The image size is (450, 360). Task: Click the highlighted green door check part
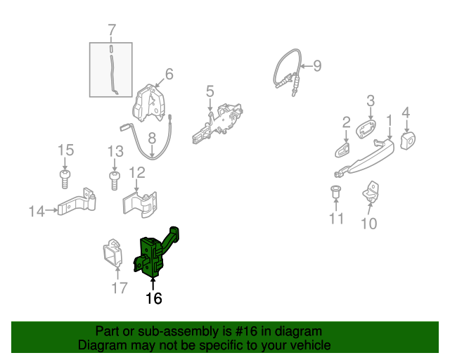(152, 256)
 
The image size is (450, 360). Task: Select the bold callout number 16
(154, 299)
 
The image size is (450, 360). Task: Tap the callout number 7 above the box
(112, 30)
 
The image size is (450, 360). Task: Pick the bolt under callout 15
(65, 179)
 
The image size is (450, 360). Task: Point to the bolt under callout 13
(114, 181)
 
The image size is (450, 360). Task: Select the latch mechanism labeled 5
(218, 124)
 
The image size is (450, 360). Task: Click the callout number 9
(317, 65)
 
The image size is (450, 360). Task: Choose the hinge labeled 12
(141, 204)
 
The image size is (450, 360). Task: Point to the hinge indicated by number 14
(77, 202)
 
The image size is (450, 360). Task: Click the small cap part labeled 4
(408, 140)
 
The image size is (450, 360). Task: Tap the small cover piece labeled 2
(342, 150)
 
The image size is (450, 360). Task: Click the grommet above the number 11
(335, 191)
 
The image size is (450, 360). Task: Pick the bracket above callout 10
(371, 192)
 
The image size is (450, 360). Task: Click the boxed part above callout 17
(112, 252)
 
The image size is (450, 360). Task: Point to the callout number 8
(152, 138)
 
